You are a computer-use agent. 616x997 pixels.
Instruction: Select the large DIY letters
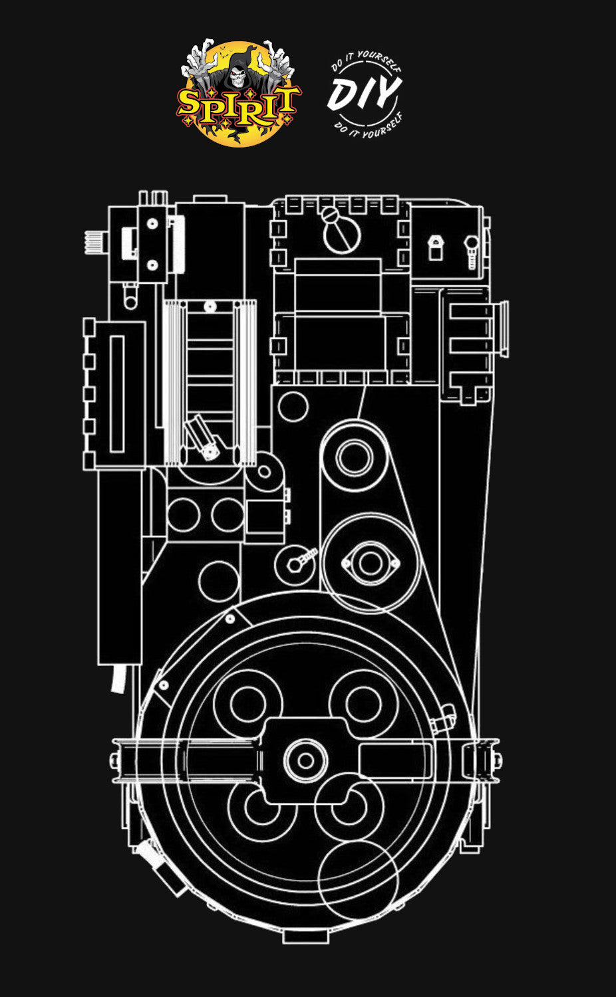365,94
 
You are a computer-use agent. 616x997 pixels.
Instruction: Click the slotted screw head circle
342,230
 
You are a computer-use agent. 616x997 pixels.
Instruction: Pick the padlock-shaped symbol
435,247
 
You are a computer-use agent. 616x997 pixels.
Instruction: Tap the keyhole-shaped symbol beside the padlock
472,250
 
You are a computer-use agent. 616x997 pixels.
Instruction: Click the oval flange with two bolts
370,563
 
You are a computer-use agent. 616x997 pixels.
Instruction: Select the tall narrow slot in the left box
117,393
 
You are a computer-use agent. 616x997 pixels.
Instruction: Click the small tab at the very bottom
305,936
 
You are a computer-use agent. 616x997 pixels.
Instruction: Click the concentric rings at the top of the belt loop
355,457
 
